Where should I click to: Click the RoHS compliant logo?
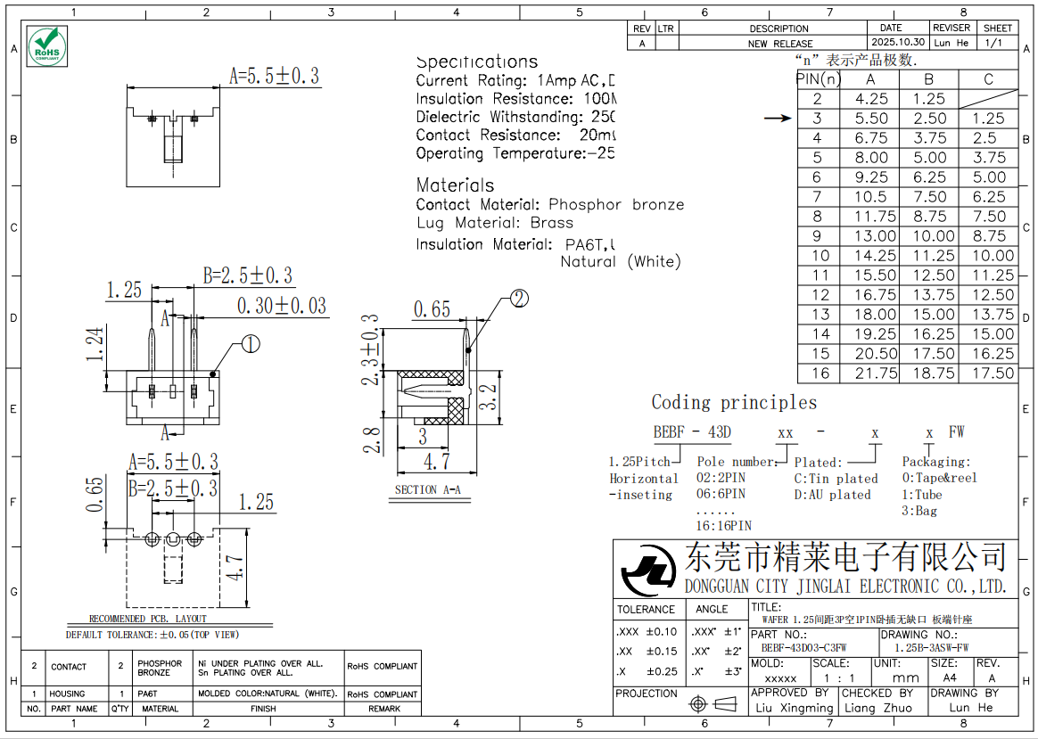click(46, 45)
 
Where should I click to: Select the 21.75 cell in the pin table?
click(871, 374)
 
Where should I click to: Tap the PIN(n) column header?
click(819, 79)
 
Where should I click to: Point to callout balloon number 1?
click(251, 343)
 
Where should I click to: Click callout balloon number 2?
click(519, 299)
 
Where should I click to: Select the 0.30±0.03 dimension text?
click(281, 306)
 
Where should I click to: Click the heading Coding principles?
click(734, 403)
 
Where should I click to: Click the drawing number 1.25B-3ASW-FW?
click(931, 648)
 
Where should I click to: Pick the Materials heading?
click(455, 185)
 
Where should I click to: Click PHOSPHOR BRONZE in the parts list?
click(160, 668)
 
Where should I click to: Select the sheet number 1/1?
click(994, 43)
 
